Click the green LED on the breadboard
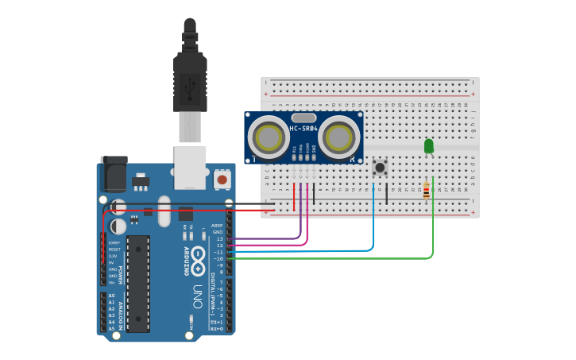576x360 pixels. [x=429, y=146]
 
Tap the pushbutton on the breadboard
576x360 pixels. [x=380, y=167]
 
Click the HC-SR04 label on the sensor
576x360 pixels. [x=303, y=129]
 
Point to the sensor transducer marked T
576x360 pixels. [x=268, y=137]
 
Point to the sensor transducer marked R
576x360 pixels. [x=340, y=137]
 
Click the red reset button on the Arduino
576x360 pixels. [x=222, y=180]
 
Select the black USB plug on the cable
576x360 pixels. [x=190, y=79]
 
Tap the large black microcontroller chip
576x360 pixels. [x=137, y=284]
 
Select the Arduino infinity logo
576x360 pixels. [x=198, y=255]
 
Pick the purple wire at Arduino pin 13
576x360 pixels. [x=270, y=238]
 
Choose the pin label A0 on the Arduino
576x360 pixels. [x=112, y=295]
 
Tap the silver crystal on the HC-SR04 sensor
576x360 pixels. [x=303, y=118]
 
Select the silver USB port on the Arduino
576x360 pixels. [x=190, y=167]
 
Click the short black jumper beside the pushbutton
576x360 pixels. [x=387, y=193]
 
